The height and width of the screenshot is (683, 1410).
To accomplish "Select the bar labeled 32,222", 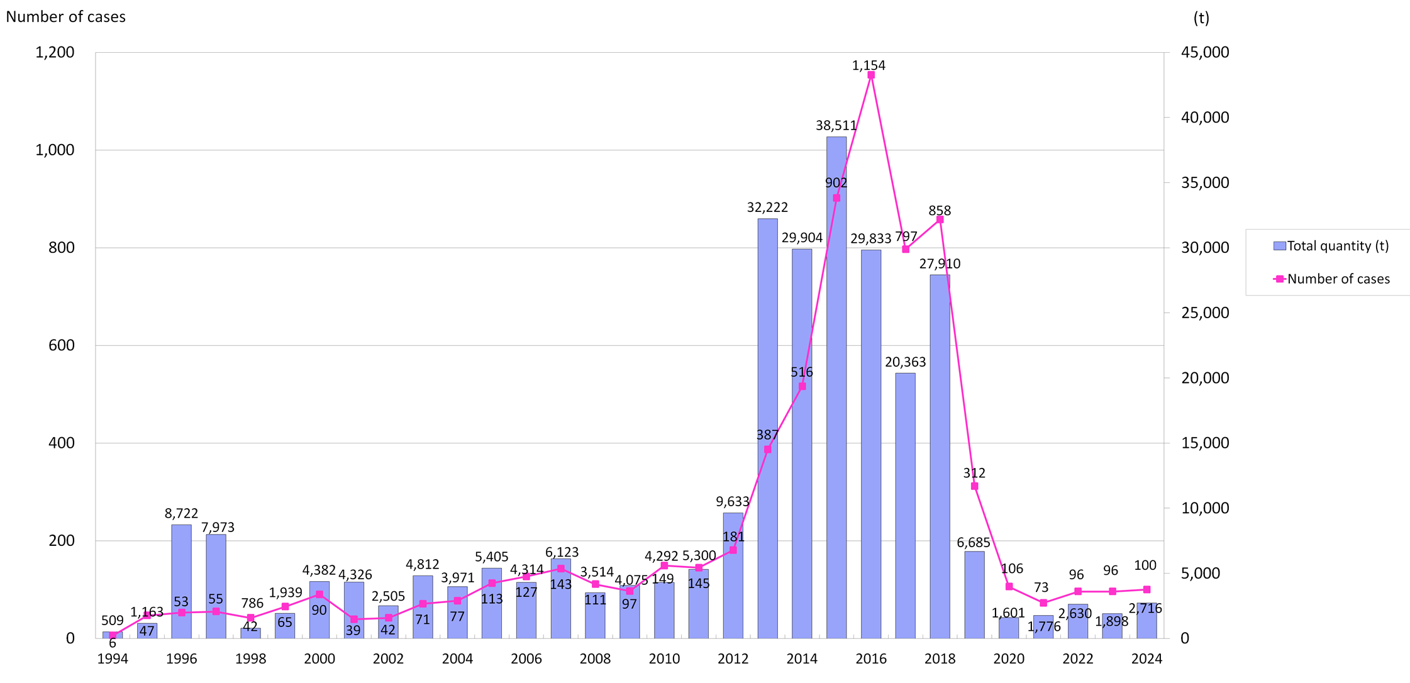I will point(767,428).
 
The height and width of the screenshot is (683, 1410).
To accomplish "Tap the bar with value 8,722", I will point(181,581).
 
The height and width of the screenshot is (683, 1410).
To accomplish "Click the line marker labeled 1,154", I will point(871,75).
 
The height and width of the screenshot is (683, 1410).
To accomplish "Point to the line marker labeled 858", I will point(940,219).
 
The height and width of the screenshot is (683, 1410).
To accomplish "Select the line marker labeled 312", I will point(974,486).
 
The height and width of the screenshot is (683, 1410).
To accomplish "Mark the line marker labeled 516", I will point(802,386).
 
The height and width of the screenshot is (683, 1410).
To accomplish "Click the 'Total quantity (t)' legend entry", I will point(1331,246).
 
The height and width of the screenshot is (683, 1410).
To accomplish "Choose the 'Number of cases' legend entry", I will point(1331,279).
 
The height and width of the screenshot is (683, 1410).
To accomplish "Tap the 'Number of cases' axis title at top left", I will point(65,17).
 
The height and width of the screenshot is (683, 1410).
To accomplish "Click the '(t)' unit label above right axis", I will point(1201,18).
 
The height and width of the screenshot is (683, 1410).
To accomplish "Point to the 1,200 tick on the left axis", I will point(55,52).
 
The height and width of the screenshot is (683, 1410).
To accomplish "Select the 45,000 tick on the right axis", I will point(1205,52).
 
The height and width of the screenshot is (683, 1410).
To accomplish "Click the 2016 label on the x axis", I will point(871,658).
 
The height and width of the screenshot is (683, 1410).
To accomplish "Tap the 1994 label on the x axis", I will point(113,658).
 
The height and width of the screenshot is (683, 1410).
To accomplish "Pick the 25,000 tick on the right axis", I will point(1205,313).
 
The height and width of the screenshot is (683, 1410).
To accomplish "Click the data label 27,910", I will point(940,264).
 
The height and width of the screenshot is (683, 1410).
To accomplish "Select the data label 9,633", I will point(733,501).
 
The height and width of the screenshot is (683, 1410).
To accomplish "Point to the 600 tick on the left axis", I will point(62,345).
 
